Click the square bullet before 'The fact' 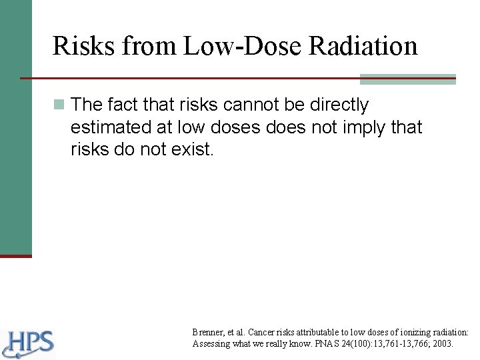(x=60, y=105)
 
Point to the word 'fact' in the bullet (x=123, y=105)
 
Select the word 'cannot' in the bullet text (x=256, y=105)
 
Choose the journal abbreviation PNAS (x=326, y=344)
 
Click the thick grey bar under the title (x=408, y=79)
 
